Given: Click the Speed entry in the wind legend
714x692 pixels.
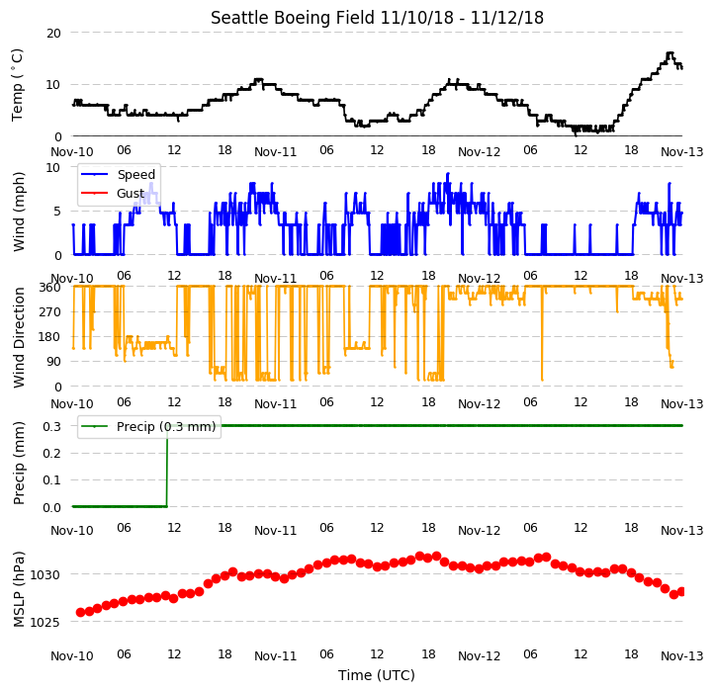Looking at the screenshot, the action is [x=136, y=174].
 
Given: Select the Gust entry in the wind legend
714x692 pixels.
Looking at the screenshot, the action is [x=131, y=194].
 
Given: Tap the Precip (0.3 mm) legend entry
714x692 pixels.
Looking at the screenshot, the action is [x=166, y=427].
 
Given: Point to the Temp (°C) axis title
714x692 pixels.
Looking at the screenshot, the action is [x=17, y=85].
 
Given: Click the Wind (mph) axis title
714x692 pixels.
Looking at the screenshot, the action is [x=18, y=212].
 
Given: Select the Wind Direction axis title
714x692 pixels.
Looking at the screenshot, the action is [x=18, y=337].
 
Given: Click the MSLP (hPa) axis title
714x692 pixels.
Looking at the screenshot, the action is [x=18, y=589].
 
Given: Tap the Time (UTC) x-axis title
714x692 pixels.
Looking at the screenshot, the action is [x=377, y=674].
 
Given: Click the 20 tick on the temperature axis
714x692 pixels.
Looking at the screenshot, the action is [x=53, y=33].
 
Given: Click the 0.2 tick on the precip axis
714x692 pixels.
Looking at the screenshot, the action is [x=51, y=453].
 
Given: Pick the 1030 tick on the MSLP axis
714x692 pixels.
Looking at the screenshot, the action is [x=45, y=574].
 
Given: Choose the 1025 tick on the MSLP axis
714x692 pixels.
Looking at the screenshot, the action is [x=45, y=622].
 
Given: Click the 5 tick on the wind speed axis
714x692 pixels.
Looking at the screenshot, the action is [x=57, y=212].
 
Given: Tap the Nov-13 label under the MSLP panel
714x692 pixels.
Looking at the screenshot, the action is [x=682, y=656].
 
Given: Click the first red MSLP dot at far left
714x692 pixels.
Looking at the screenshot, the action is [x=81, y=612].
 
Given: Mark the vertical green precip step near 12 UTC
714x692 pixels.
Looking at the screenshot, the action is [x=167, y=467].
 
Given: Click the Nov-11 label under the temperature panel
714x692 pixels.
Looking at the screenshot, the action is [x=276, y=151].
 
